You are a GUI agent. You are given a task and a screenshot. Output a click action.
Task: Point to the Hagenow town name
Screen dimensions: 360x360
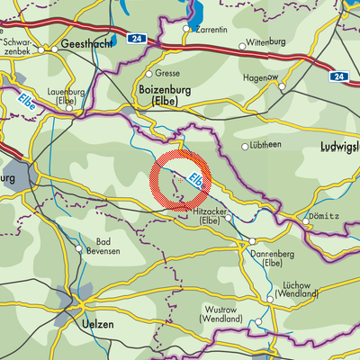pos(259,77)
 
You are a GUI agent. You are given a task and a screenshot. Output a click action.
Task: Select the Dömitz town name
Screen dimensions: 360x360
pos(323,217)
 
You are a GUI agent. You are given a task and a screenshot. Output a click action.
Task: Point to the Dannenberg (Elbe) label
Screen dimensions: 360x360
pos(269,258)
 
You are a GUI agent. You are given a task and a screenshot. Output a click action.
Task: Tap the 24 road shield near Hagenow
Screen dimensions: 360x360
pos(340,77)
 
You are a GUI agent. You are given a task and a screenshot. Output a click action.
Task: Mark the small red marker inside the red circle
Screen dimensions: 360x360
pos(181,179)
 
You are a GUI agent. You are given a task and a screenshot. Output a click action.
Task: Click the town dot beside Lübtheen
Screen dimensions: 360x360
pos(245,147)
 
